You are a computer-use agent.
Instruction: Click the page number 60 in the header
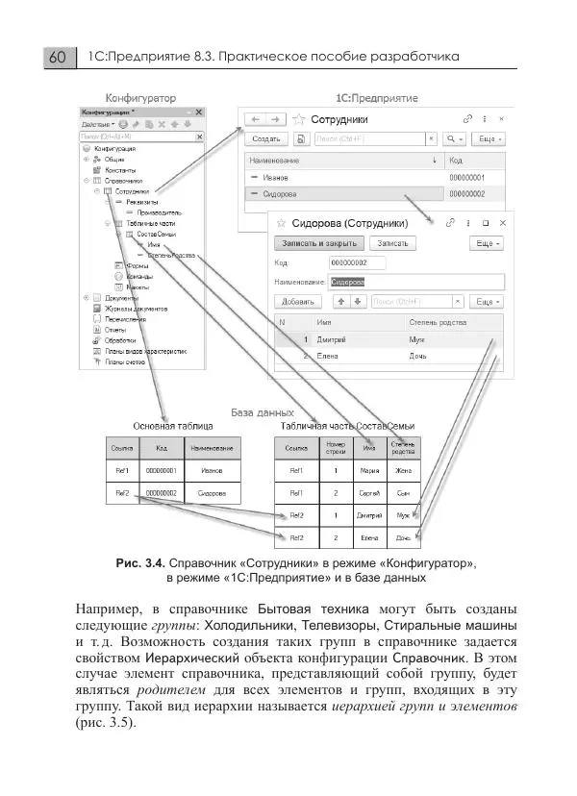[x=57, y=58]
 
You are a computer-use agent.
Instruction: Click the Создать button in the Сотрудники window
[x=265, y=139]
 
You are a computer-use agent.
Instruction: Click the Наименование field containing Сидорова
[x=415, y=282]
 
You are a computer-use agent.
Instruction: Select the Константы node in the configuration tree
[x=120, y=169]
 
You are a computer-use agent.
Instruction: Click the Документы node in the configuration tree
[x=121, y=297]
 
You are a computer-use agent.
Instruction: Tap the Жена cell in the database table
[x=402, y=471]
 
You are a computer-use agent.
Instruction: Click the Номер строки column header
[x=330, y=446]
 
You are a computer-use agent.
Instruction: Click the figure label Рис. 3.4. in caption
[x=140, y=562]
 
